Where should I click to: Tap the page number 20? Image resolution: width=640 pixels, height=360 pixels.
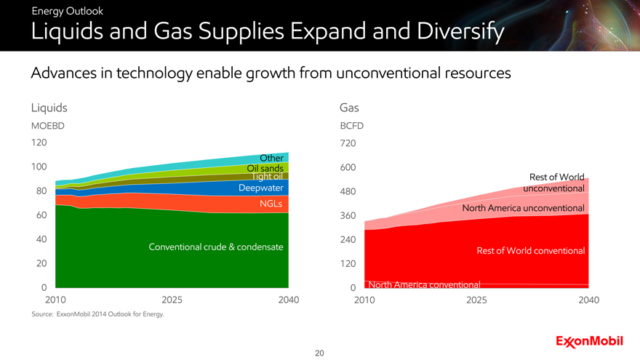[x=319, y=353]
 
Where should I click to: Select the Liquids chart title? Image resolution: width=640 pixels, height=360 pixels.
[x=49, y=108]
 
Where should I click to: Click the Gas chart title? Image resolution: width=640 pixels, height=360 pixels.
[x=350, y=108]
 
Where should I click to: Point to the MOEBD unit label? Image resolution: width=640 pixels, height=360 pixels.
[x=48, y=126]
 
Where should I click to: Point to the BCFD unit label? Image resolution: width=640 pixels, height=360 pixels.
[x=352, y=126]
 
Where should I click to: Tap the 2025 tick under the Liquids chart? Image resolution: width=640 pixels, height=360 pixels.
[x=172, y=299]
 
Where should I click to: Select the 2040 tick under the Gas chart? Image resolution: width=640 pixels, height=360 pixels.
[x=588, y=299]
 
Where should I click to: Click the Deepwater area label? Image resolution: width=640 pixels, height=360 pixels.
[x=260, y=188]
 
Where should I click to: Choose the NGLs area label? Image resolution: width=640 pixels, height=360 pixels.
[x=271, y=203]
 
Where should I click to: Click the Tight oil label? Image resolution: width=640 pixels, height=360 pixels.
[x=266, y=177]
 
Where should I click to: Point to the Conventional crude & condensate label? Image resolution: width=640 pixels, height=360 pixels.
[x=215, y=247]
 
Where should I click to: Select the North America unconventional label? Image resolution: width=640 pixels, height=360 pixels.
[x=524, y=209]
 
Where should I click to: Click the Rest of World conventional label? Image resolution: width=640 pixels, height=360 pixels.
[x=531, y=251]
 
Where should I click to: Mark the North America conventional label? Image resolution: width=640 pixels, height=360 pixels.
[x=425, y=284]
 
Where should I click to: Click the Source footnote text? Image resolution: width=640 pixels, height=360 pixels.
[x=98, y=314]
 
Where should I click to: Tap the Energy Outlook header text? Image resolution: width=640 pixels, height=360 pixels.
[x=57, y=11]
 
